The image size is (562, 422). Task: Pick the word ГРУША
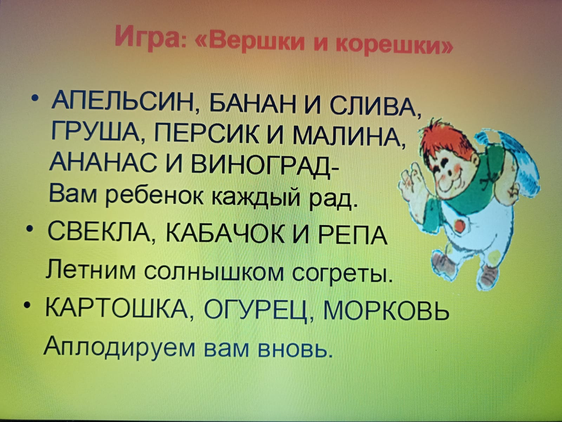pos(97,133)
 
